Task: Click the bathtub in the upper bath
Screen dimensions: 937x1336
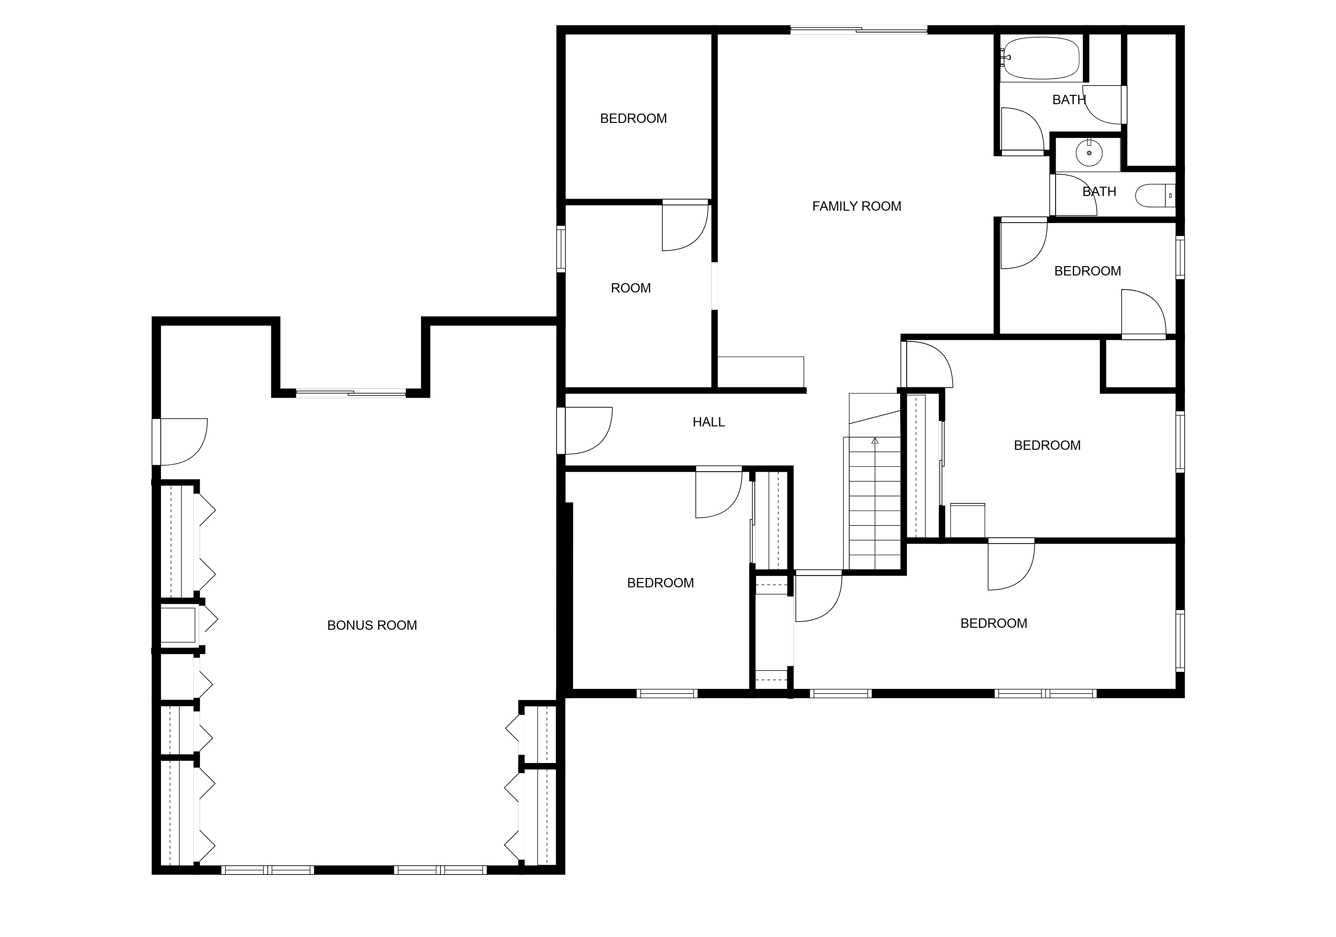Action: tap(1041, 58)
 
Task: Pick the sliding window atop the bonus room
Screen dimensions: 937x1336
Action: tap(351, 393)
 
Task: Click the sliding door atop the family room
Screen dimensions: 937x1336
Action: tap(858, 30)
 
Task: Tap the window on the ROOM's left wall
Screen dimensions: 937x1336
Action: tap(561, 249)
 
